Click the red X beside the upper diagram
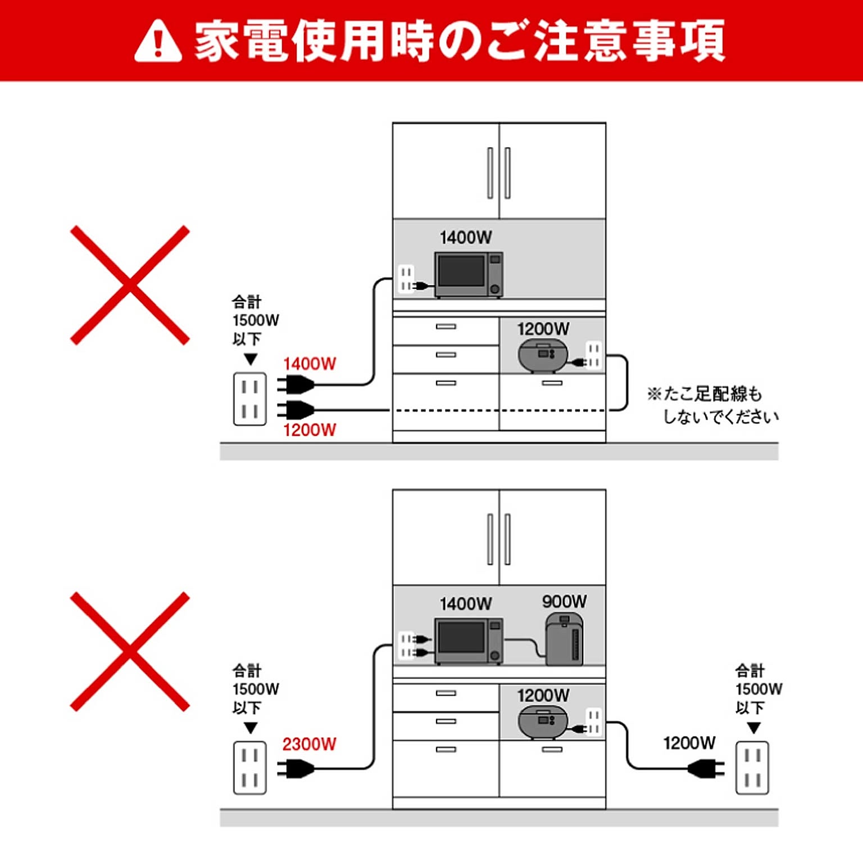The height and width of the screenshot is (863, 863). pos(130,285)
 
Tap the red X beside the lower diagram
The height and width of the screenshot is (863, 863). pos(130,652)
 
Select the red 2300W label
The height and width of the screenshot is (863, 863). pos(309,744)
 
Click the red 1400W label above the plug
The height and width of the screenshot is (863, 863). pos(310,364)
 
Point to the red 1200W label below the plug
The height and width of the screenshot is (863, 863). pos(310,430)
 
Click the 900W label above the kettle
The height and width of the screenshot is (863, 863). pos(564,602)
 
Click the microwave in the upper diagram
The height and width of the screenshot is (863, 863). pos(469,275)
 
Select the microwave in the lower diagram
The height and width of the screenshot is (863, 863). pos(469,641)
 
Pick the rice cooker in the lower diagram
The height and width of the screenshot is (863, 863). pos(542,722)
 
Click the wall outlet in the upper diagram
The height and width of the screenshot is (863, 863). pos(250,399)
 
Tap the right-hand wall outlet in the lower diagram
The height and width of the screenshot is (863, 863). pos(752,767)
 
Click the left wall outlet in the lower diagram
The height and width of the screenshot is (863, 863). pos(250,767)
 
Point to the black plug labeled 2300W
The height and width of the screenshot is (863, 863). pos(297,768)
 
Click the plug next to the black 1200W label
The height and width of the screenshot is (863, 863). pos(706,768)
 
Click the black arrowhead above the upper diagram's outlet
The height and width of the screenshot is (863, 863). pos(251,359)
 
